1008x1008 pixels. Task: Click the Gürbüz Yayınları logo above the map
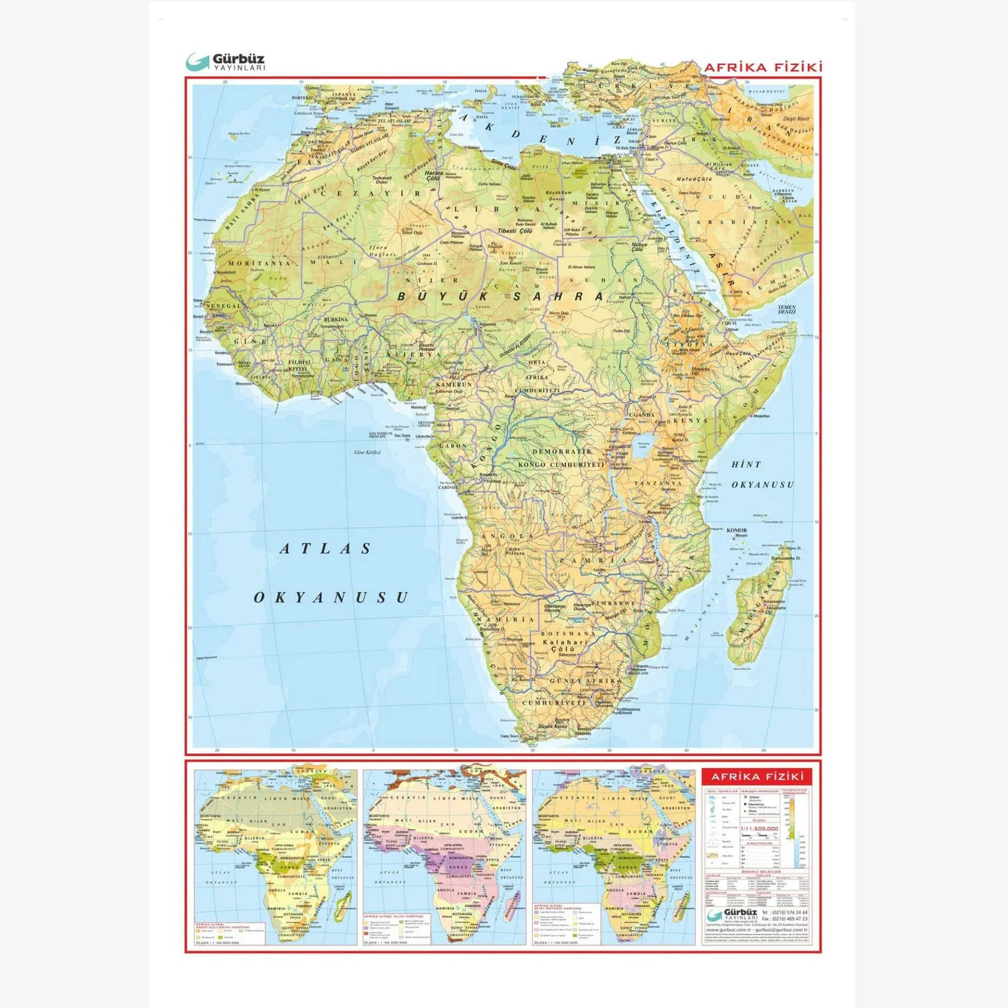pyautogui.click(x=226, y=62)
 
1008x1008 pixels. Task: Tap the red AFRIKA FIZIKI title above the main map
pyautogui.click(x=762, y=67)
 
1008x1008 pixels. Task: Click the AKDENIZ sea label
pyautogui.click(x=541, y=136)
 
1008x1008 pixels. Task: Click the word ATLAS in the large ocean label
pyautogui.click(x=325, y=549)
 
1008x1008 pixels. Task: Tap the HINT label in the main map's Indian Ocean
pyautogui.click(x=746, y=465)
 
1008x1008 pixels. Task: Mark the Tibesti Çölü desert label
pyautogui.click(x=515, y=231)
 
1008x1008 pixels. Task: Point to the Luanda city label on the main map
pyautogui.click(x=458, y=517)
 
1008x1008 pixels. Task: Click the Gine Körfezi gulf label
pyautogui.click(x=367, y=452)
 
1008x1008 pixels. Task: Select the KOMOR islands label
pyautogui.click(x=737, y=530)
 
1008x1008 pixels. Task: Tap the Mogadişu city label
pyautogui.click(x=761, y=416)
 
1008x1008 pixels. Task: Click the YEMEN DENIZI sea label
pyautogui.click(x=786, y=310)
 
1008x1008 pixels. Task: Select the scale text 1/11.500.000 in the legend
pyautogui.click(x=759, y=828)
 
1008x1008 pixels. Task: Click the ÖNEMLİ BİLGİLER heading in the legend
pyautogui.click(x=757, y=871)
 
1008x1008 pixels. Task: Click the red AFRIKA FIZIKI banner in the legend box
pyautogui.click(x=757, y=776)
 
